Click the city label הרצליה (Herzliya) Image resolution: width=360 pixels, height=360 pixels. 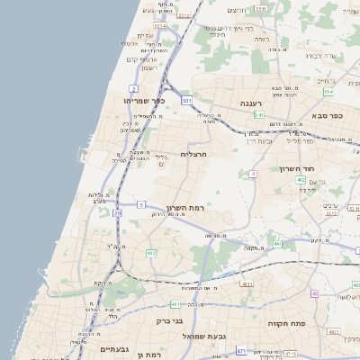(193, 154)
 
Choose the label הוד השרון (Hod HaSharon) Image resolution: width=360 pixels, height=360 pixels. (319, 168)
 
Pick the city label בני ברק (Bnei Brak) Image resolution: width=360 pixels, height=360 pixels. (189, 319)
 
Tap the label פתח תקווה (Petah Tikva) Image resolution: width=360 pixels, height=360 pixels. (288, 319)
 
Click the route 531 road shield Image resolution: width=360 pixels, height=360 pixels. (186, 101)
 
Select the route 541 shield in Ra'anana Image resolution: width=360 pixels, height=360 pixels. (258, 115)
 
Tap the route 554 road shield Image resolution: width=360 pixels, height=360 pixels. (328, 92)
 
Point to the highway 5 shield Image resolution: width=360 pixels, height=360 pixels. (140, 205)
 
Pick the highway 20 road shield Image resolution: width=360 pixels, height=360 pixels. (117, 213)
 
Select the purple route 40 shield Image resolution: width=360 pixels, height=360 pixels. (315, 293)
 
